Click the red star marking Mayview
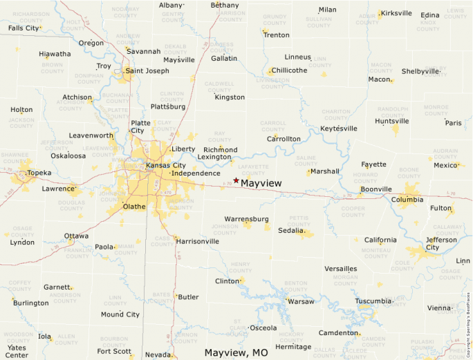236,180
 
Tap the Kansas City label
165,166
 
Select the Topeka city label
39,173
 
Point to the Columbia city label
407,200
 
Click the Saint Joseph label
147,70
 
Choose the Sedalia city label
291,231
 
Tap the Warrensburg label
246,219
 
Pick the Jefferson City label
440,243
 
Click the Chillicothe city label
289,70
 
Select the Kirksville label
396,13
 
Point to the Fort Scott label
114,351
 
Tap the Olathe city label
133,206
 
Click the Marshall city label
324,171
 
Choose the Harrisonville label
198,242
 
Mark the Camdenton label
338,333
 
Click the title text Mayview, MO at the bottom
236,352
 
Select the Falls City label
24,28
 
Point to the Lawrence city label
58,189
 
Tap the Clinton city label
227,281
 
